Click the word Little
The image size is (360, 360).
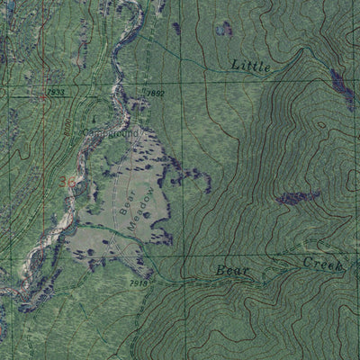[250, 65]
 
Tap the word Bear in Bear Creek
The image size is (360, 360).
[229, 270]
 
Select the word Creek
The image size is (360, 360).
[323, 263]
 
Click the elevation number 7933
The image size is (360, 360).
[54, 92]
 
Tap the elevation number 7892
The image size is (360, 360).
[155, 93]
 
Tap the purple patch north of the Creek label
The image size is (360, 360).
[298, 197]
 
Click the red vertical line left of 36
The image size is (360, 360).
[45, 180]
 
